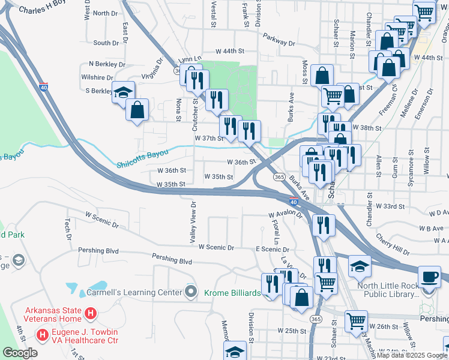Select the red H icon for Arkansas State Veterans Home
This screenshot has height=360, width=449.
click(90, 313)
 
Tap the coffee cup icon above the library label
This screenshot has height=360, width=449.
click(429, 277)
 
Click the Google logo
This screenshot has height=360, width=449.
click(20, 353)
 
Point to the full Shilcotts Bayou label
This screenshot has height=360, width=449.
click(142, 155)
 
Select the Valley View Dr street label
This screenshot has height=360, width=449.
click(193, 221)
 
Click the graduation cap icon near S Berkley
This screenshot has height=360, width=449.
click(124, 92)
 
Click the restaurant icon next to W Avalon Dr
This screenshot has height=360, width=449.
click(324, 225)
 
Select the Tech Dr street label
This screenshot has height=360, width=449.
click(68, 226)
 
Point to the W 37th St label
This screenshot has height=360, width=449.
click(208, 138)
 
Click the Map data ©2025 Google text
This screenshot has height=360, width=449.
click(411, 355)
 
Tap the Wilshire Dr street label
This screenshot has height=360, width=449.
click(97, 78)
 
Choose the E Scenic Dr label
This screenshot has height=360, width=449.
click(273, 249)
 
